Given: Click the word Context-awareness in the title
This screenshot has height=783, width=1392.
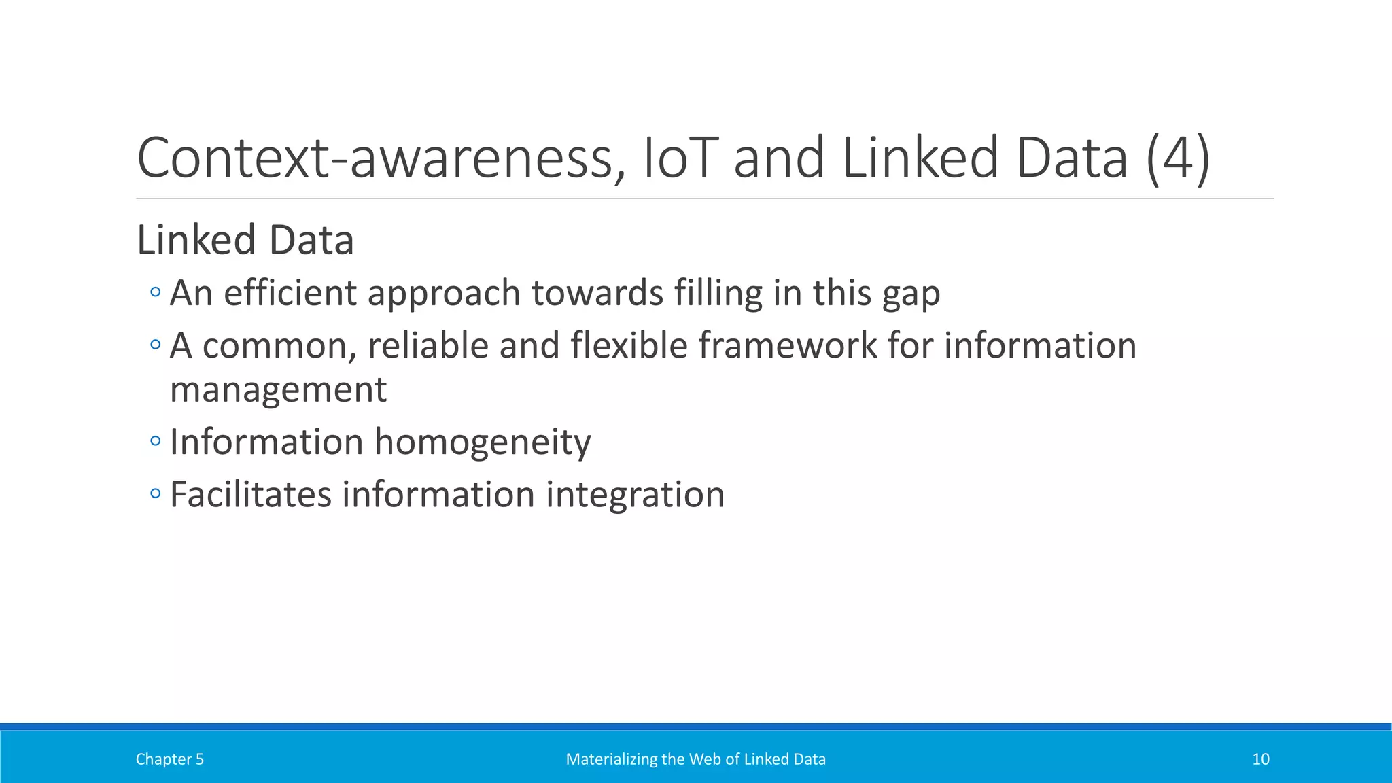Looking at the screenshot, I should click(375, 158).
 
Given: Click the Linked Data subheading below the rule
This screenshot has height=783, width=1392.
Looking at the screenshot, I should click(245, 240).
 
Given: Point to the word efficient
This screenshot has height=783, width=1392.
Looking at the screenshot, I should click(290, 293).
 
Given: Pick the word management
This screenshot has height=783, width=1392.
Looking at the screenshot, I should click(278, 390).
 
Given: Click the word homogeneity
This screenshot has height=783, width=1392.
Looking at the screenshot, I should click(483, 442).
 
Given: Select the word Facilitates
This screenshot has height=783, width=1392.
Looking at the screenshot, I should click(250, 494).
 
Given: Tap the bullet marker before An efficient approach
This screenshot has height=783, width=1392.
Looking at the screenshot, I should click(156, 293).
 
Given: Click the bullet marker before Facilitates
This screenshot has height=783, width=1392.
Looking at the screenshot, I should click(156, 494).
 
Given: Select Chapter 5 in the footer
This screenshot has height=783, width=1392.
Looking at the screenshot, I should click(170, 759).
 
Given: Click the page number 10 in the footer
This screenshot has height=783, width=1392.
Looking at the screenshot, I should click(1260, 759).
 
